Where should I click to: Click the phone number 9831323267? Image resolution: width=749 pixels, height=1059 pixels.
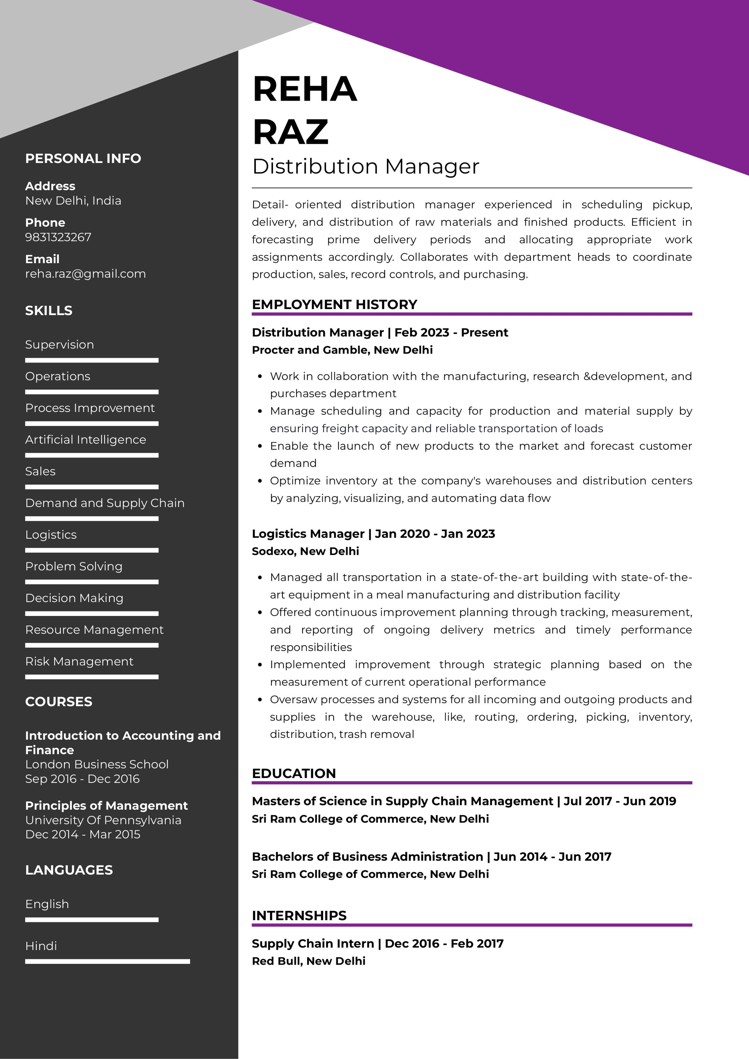(x=58, y=237)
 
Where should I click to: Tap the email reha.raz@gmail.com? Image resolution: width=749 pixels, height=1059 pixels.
(x=85, y=274)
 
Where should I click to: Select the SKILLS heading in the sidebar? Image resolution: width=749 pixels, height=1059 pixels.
(x=48, y=311)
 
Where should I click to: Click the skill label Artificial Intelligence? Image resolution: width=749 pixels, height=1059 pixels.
(x=85, y=440)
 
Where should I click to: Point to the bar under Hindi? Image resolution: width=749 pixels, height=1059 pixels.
(x=107, y=962)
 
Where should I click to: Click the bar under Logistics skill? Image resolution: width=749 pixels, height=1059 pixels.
(x=91, y=550)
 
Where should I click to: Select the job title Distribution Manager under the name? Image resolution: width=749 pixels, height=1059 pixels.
(x=366, y=167)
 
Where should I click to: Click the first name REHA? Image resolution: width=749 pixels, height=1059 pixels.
(x=304, y=89)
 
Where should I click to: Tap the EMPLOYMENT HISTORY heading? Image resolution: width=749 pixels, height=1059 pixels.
(x=334, y=305)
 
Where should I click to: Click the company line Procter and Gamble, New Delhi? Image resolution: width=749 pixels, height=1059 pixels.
(x=342, y=350)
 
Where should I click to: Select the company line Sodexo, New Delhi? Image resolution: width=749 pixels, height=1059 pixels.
(x=305, y=551)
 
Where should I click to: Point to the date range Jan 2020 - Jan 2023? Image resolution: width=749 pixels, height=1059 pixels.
(x=435, y=534)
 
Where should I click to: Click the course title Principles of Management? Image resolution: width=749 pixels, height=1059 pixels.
(x=106, y=805)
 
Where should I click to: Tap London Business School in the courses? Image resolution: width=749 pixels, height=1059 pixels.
(x=97, y=764)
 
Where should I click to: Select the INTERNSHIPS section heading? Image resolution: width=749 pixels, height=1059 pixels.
(x=299, y=916)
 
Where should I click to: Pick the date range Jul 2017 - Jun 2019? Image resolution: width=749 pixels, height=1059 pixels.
(x=619, y=801)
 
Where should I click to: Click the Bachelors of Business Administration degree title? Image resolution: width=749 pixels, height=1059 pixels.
(x=367, y=857)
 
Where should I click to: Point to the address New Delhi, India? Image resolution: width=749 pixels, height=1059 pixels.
(x=73, y=201)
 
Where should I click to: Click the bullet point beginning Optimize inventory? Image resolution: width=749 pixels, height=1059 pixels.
(x=480, y=489)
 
